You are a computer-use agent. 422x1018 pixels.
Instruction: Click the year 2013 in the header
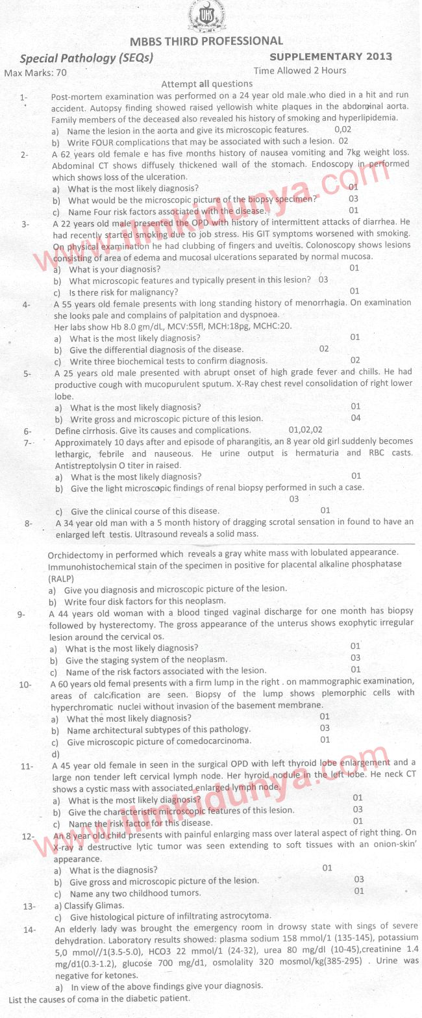(379, 57)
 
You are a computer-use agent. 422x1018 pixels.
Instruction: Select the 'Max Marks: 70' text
(36, 73)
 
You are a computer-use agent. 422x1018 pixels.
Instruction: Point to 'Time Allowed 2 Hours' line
(300, 70)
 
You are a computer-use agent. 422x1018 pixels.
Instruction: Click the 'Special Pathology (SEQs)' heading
(86, 58)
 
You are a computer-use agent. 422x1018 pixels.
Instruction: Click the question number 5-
(27, 374)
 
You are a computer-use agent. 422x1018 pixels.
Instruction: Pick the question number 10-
(26, 684)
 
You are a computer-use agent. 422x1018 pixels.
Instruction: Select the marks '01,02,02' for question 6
(305, 429)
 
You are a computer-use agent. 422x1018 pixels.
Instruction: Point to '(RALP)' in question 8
(62, 578)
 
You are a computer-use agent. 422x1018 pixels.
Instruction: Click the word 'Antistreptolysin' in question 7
(88, 465)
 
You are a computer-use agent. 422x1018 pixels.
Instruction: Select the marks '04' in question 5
(356, 418)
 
